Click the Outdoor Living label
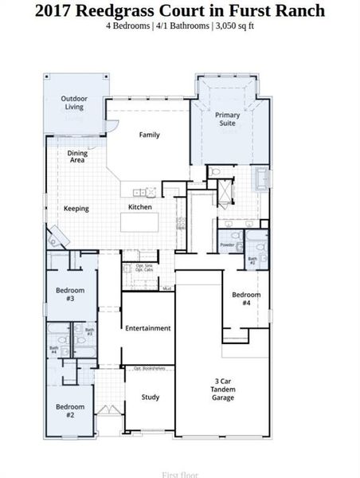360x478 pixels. [73, 104]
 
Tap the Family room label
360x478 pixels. [149, 135]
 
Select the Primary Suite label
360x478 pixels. [227, 119]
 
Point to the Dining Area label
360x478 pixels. [77, 156]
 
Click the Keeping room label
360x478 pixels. [76, 209]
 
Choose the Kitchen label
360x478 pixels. [140, 207]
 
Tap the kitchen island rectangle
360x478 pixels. [147, 221]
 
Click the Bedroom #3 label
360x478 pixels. [70, 294]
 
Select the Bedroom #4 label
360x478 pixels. [246, 299]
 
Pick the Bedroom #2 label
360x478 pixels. [70, 410]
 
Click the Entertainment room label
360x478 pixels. [147, 327]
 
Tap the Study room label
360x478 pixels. [151, 397]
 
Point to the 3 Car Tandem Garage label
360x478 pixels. [223, 389]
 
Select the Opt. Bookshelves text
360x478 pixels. [149, 369]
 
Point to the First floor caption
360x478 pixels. [180, 474]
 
